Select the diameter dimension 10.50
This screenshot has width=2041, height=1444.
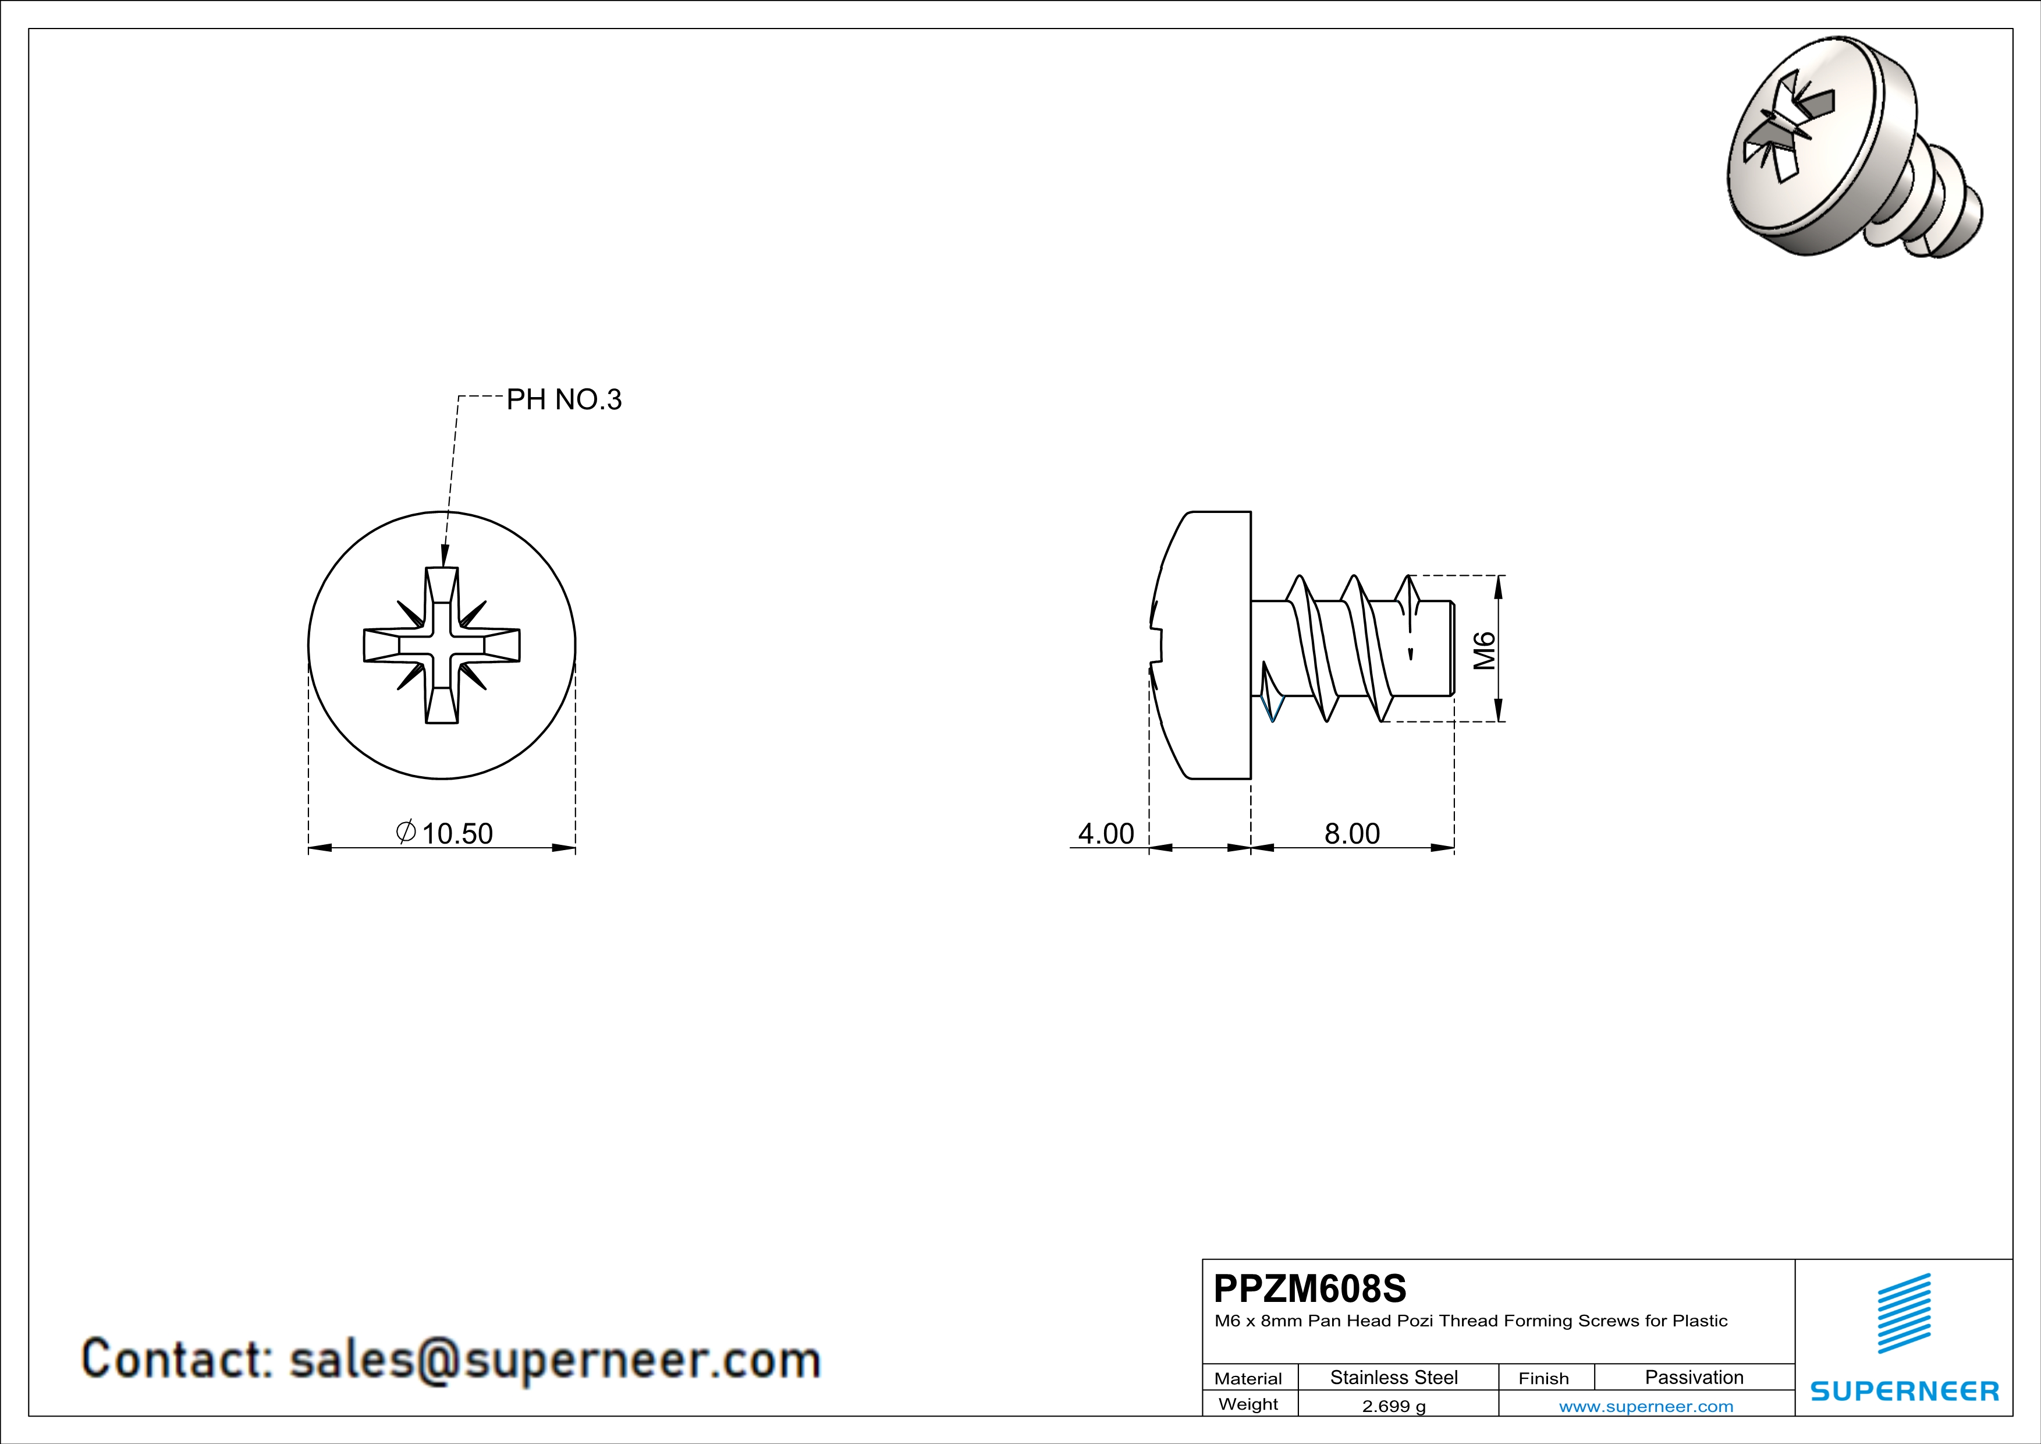pos(445,833)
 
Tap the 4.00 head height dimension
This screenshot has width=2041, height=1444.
pos(1106,833)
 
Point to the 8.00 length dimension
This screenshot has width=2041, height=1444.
pos(1352,833)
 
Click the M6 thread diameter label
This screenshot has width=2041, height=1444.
pos(1485,650)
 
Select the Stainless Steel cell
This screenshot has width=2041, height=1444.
pos(1394,1377)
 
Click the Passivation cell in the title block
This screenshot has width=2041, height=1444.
pos(1694,1377)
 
